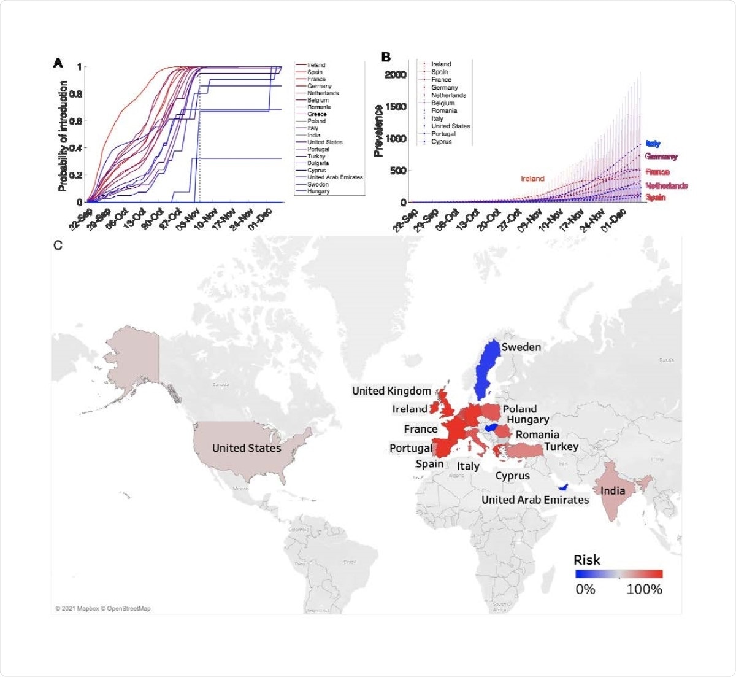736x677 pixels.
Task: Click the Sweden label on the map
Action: [521, 347]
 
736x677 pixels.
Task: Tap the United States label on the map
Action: [247, 448]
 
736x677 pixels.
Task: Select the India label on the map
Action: [613, 490]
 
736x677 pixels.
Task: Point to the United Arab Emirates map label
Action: [535, 500]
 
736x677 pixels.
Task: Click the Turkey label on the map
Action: [561, 446]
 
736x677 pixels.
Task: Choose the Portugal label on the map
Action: [411, 448]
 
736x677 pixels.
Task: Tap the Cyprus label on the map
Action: [513, 476]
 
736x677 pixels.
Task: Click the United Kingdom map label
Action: [391, 391]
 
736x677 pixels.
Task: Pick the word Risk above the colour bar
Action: [587, 560]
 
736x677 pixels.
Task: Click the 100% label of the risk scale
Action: [644, 589]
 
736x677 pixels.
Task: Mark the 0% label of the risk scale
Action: [585, 589]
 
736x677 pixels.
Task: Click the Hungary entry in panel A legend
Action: [319, 191]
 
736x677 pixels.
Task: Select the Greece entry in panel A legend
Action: [317, 114]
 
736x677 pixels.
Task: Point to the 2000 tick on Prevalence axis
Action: [396, 75]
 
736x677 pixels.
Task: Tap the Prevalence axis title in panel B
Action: [379, 130]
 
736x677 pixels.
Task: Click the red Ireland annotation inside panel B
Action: [532, 179]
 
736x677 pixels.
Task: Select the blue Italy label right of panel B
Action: [653, 144]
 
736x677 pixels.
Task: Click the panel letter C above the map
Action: [58, 245]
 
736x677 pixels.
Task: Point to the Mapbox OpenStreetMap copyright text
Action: [102, 608]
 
